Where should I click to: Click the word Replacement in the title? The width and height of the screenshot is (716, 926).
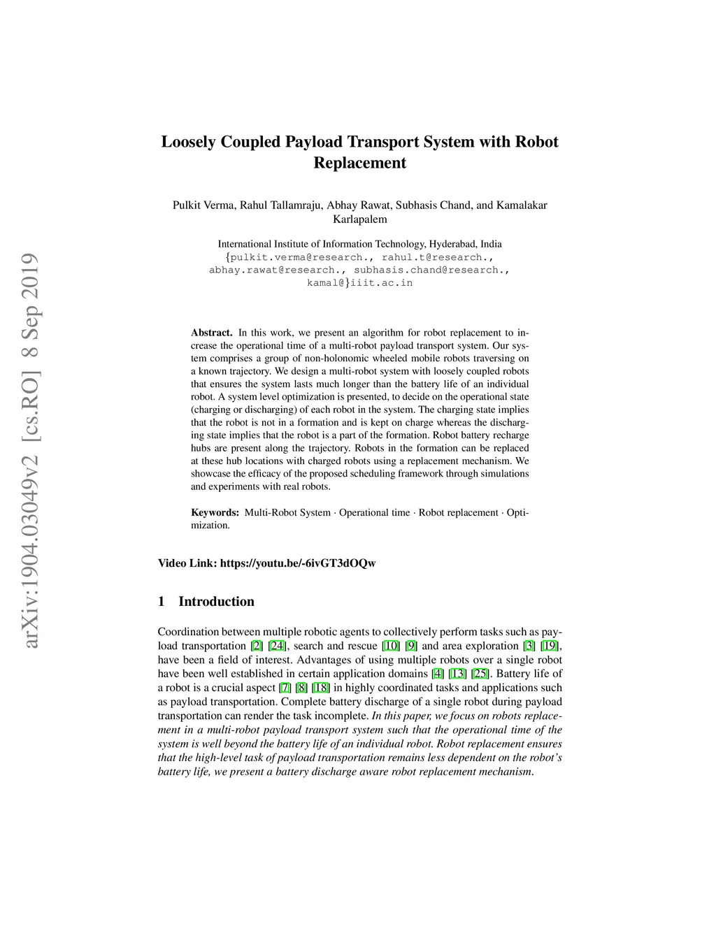point(359,163)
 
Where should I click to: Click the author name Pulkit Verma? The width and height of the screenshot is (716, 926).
point(205,205)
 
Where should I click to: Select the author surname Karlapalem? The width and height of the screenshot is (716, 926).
point(359,219)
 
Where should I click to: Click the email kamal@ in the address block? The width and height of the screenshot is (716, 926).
point(326,283)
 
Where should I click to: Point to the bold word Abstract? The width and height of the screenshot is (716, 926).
point(211,333)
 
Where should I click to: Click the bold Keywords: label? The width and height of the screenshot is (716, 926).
point(215,512)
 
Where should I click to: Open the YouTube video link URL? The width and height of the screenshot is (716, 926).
point(298,563)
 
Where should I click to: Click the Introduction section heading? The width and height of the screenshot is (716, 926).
point(216,602)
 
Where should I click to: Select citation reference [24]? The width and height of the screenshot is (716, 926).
point(278,646)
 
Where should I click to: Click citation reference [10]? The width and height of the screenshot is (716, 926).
point(391,646)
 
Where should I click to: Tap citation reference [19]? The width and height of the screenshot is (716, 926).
point(550,646)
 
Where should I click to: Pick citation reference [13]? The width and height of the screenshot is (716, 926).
point(457,674)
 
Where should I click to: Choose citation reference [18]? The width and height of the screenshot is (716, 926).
point(322,688)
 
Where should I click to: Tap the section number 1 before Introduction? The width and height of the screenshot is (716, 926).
point(162,602)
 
